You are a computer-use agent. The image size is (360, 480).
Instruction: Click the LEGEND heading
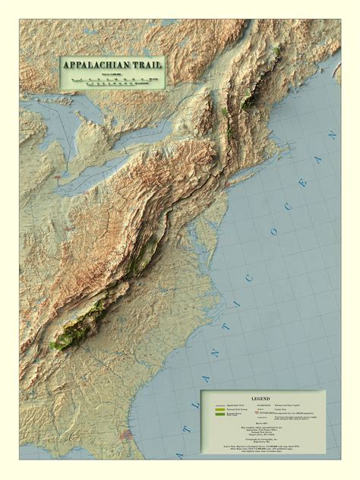pyautogui.click(x=261, y=398)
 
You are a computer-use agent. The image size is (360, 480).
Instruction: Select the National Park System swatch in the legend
pyautogui.click(x=220, y=409)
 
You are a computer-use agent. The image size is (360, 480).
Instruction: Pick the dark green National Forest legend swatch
pyautogui.click(x=220, y=415)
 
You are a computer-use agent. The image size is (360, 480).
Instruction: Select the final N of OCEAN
pyautogui.click(x=332, y=135)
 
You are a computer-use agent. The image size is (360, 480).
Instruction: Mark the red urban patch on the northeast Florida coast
pyautogui.click(x=126, y=436)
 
